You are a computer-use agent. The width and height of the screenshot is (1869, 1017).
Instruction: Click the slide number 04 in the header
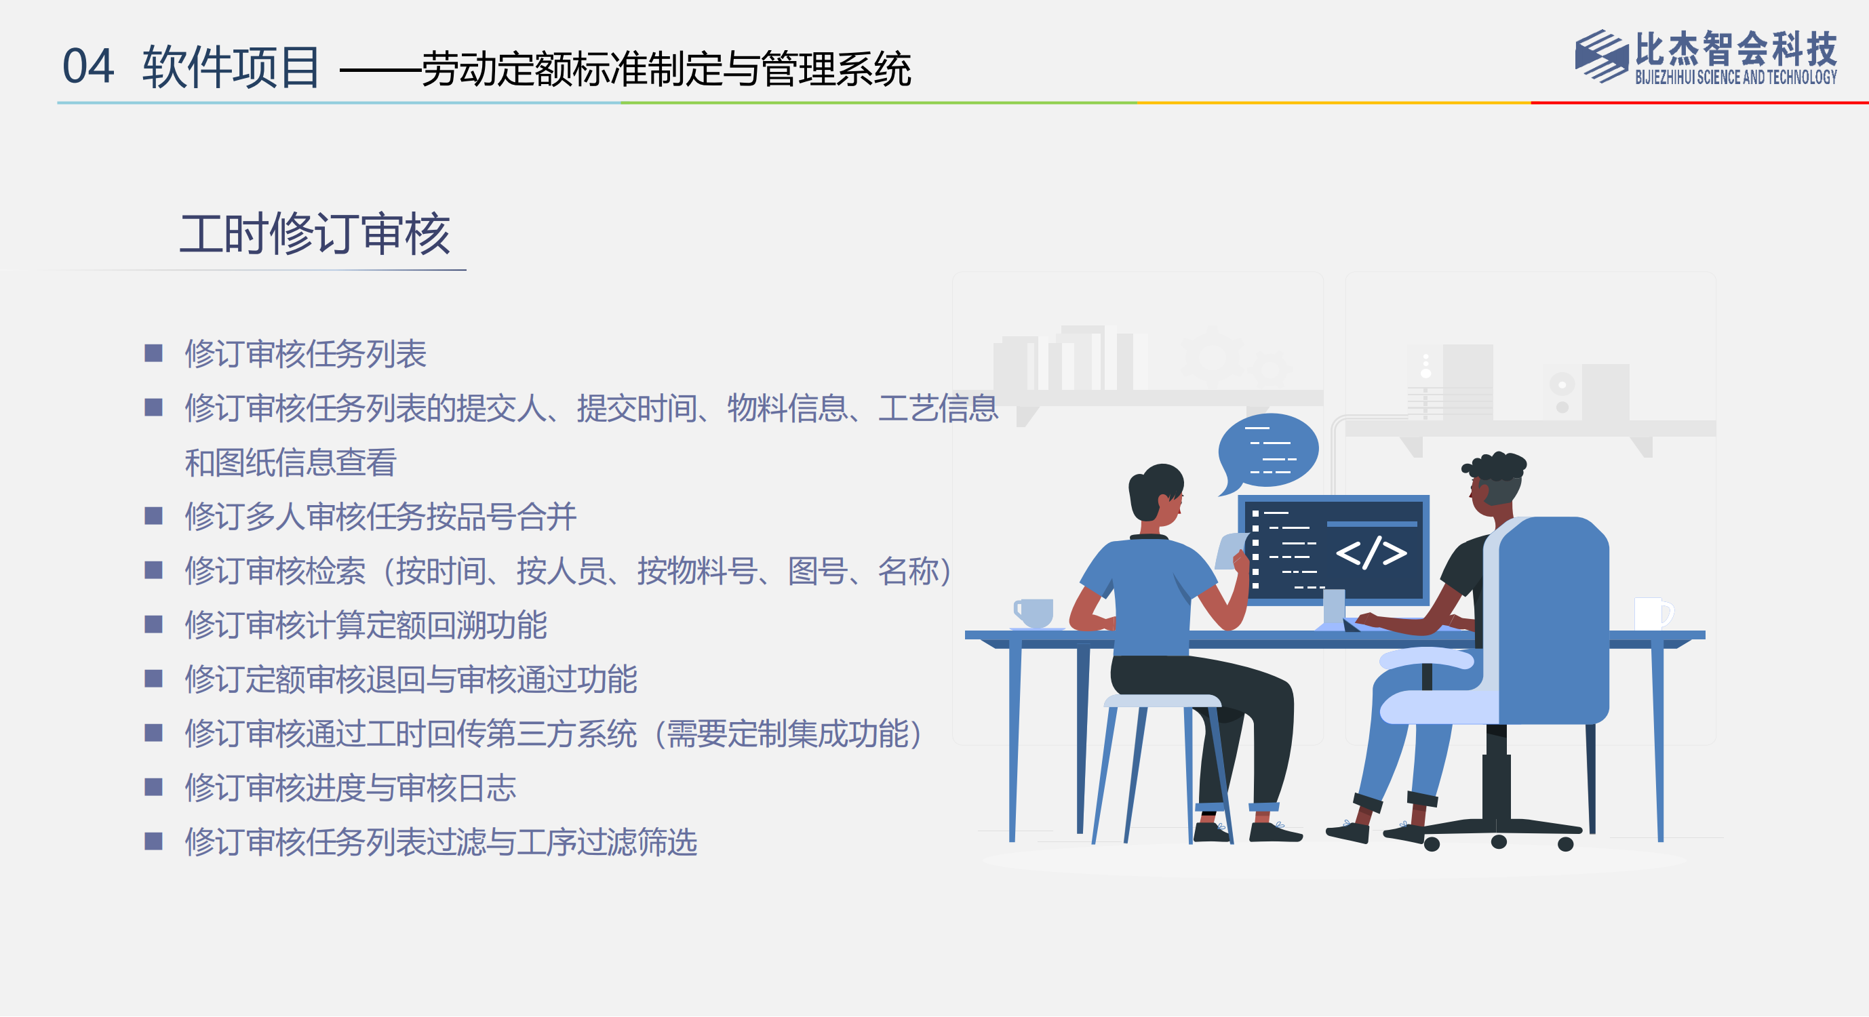tap(87, 66)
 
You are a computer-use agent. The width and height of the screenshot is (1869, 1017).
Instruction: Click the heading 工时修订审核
tap(315, 234)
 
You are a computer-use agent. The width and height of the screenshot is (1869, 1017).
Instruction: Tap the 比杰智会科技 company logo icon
tap(1600, 56)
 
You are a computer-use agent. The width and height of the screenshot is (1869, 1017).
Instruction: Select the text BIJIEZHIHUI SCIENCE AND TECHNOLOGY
tap(1735, 77)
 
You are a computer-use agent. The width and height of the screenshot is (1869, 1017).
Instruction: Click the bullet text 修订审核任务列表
tap(305, 354)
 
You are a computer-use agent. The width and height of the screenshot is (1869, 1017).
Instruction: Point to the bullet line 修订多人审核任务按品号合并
tap(380, 517)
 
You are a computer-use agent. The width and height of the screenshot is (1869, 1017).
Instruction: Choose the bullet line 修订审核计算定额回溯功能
tap(366, 625)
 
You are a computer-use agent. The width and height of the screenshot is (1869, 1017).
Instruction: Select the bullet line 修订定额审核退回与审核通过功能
tap(411, 679)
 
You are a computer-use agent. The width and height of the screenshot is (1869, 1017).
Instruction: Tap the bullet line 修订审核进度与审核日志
tap(351, 788)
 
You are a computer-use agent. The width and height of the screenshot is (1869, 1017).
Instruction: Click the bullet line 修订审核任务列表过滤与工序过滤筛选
tap(441, 842)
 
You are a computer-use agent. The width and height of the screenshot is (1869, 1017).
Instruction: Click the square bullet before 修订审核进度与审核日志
tap(153, 787)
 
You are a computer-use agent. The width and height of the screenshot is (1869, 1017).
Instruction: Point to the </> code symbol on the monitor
tap(1371, 553)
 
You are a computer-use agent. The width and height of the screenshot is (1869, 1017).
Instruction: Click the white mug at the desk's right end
tap(1652, 614)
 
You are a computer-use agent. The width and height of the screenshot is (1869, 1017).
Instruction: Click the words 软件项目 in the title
tap(231, 66)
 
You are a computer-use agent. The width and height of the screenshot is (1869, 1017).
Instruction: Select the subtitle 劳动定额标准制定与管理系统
tap(666, 69)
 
